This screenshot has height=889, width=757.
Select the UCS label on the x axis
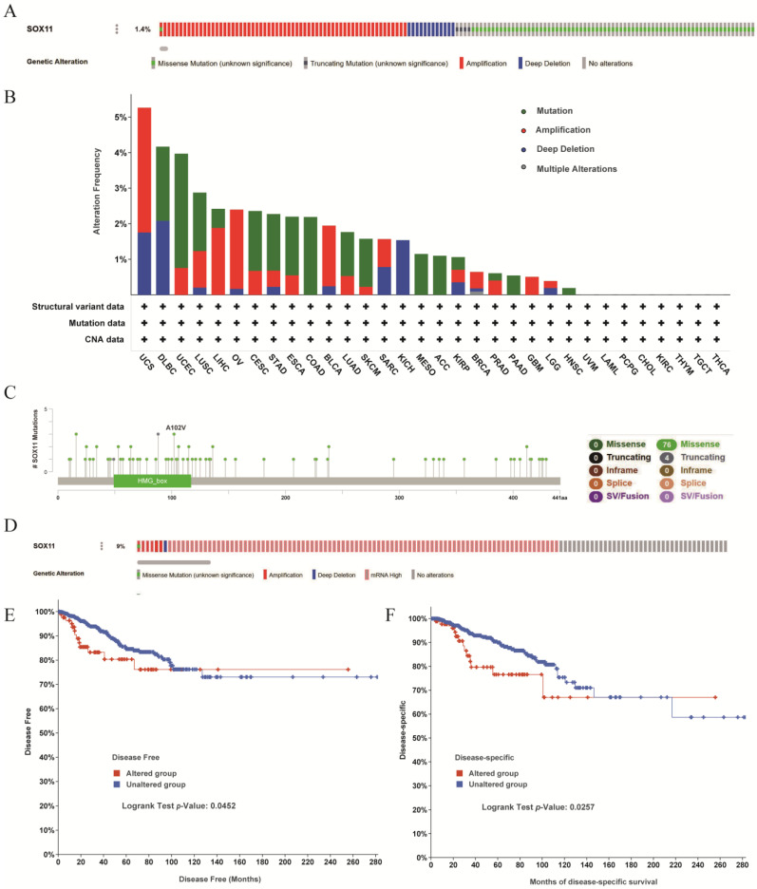[144, 365]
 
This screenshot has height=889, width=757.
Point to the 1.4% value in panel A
[142, 29]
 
